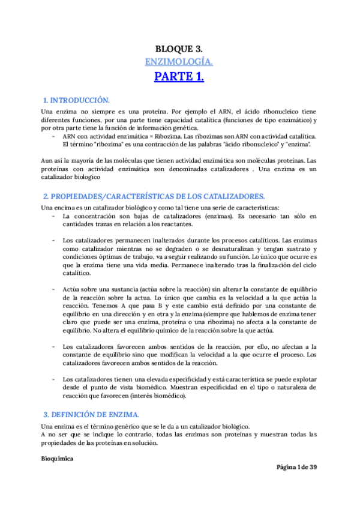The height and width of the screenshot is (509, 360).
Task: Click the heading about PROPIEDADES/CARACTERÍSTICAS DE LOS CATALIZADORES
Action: [x=154, y=196]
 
